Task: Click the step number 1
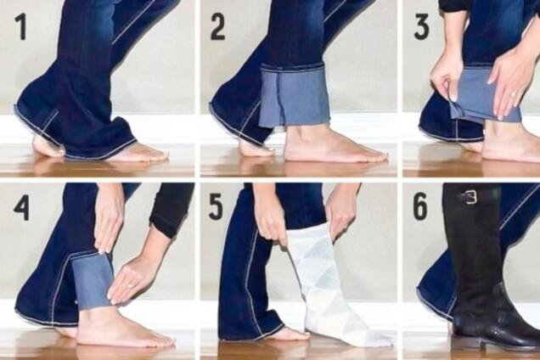point(21,25)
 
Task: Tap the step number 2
point(217,25)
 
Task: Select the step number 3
point(421,25)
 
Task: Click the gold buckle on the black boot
point(470,197)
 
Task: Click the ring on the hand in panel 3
point(513,94)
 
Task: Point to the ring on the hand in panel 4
point(131,285)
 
